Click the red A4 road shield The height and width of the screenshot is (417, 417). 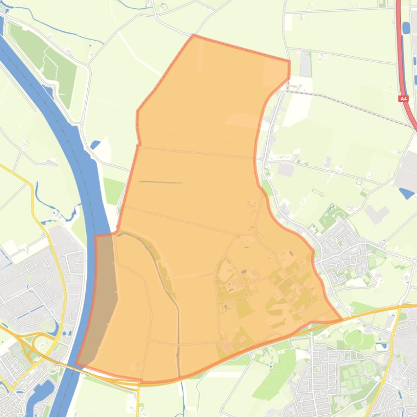(403, 99)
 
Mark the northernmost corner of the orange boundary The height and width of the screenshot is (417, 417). (194, 36)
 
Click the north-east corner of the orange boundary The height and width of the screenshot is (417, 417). (290, 61)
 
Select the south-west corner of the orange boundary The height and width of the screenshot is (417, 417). (76, 364)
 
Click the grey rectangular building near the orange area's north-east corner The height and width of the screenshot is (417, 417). (306, 64)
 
